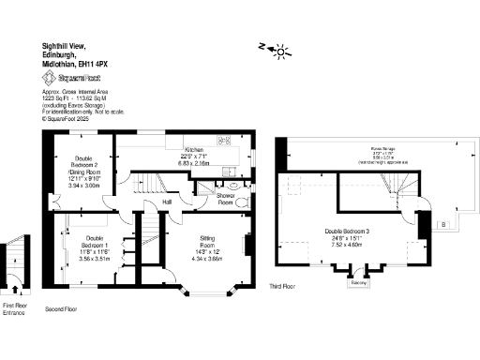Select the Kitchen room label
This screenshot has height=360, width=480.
(194, 150)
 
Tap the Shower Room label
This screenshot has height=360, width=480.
(226, 199)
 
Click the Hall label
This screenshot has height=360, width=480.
(167, 201)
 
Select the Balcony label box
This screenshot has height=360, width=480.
(357, 281)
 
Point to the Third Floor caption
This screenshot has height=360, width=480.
(283, 286)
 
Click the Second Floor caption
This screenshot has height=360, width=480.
(61, 308)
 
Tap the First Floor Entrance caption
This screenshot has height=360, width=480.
(14, 310)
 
